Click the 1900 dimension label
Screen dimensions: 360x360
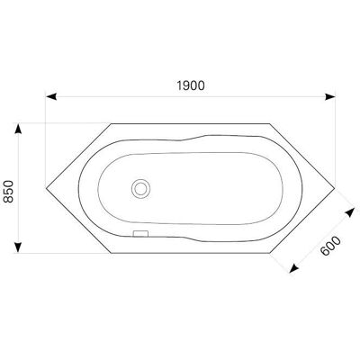(x=191, y=85)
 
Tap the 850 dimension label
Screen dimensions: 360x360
(x=9, y=192)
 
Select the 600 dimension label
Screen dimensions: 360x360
(x=330, y=246)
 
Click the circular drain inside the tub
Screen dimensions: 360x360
(x=140, y=189)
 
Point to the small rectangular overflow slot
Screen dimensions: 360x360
(x=140, y=233)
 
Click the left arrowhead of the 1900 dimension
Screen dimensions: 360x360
(x=51, y=97)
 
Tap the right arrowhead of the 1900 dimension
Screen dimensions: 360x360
(x=330, y=97)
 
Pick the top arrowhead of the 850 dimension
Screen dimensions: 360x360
(x=18, y=129)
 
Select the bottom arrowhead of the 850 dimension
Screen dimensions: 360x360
(x=18, y=247)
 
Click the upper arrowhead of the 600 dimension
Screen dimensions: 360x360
(x=349, y=213)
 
